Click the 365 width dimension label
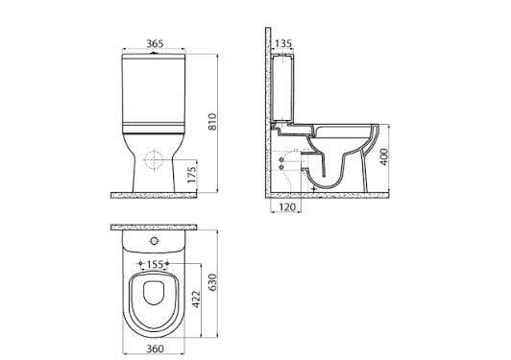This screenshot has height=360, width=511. pyautogui.click(x=155, y=43)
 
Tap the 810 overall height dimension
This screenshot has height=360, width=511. pyautogui.click(x=212, y=122)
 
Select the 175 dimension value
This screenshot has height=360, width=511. pyautogui.click(x=192, y=175)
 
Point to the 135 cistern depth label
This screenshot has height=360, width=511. pyautogui.click(x=283, y=43)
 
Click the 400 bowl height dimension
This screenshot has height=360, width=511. pyautogui.click(x=384, y=156)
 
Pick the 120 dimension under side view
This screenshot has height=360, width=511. pyautogui.click(x=287, y=206)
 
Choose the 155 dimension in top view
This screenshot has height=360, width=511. pyautogui.click(x=155, y=264)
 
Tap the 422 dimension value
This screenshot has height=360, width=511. pyautogui.click(x=196, y=300)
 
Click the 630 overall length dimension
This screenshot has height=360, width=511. pyautogui.click(x=212, y=282)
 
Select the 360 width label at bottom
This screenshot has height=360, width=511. pyautogui.click(x=155, y=348)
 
